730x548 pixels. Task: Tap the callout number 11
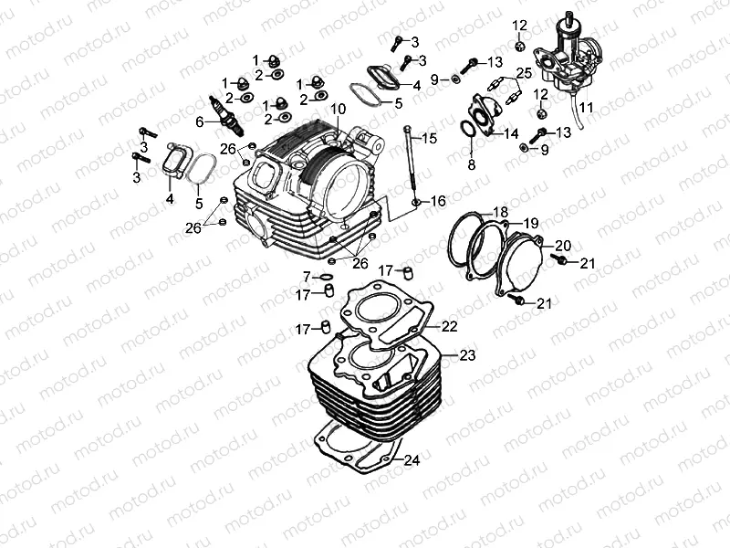(585, 108)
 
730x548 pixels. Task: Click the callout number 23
(467, 354)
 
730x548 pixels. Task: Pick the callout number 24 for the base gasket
(412, 460)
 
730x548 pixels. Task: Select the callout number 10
(338, 109)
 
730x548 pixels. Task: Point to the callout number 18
(500, 212)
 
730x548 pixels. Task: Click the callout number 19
(530, 223)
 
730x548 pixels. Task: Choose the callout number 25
(523, 72)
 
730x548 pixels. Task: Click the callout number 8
(471, 165)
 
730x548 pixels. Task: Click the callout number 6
(199, 121)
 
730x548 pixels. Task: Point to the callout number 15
(429, 138)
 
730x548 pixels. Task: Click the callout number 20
(562, 245)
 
